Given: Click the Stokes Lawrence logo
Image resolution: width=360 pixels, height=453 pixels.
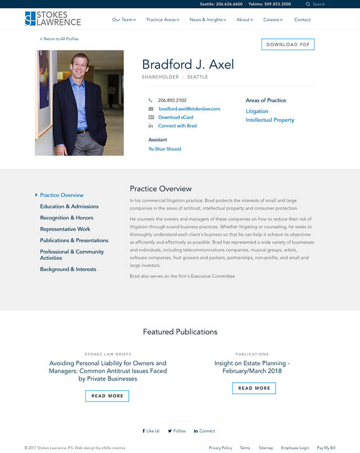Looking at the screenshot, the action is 53,19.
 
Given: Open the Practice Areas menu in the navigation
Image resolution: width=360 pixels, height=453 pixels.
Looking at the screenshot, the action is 162,20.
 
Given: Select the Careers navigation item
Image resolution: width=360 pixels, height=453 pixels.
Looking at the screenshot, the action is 272,20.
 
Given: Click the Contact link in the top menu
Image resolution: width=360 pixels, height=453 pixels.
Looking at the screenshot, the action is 302,20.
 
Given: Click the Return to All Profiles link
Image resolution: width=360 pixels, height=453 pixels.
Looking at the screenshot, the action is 61,39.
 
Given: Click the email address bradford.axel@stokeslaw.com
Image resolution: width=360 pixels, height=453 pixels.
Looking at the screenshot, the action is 189,109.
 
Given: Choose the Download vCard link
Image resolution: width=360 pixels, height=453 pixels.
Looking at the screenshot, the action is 176,117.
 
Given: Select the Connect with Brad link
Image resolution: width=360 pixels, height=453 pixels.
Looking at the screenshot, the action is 177,126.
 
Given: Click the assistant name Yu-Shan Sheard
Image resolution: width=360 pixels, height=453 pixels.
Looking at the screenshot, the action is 165,149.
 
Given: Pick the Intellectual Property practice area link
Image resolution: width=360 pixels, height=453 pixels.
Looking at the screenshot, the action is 270,120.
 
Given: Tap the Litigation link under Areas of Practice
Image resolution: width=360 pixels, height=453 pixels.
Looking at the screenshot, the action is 257,111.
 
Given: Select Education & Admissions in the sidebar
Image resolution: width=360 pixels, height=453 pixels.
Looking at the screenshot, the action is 69,207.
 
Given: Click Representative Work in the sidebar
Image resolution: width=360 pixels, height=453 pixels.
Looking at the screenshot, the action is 65,229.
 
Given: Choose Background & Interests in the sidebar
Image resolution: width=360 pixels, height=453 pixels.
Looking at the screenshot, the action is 68,269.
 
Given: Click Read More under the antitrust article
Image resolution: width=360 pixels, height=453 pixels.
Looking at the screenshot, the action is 107,396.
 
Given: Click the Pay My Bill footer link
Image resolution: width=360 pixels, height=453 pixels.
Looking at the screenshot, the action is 326,448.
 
